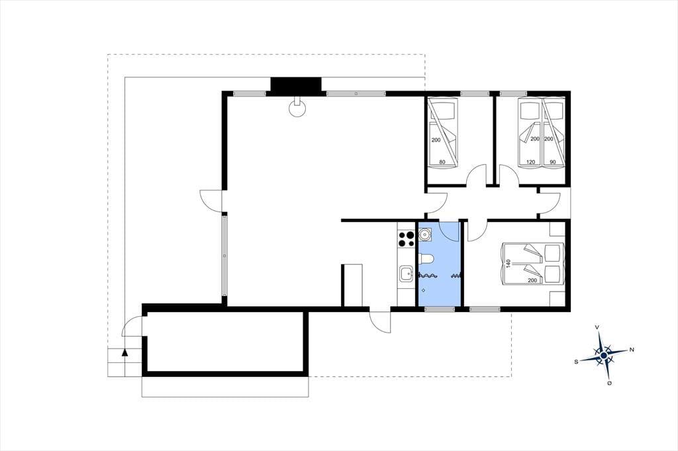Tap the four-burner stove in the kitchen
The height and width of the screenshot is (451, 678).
coord(406,239)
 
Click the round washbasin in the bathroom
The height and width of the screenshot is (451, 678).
coord(426,235)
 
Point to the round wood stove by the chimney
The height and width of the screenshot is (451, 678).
coord(297,108)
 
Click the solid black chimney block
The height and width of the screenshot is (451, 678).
coord(296,85)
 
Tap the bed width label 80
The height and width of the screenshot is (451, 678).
coord(442,163)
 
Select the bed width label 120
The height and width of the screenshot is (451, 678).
coord(530,163)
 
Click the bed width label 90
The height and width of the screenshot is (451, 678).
coord(553,163)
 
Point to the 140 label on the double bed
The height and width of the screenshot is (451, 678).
coord(508,263)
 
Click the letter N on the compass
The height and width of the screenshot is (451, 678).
coord(632,349)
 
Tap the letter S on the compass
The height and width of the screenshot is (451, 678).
coord(576,362)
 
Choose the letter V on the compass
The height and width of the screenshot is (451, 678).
coord(597,327)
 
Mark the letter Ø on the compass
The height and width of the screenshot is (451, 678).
coord(609,384)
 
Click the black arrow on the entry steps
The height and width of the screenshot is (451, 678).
coord(125,352)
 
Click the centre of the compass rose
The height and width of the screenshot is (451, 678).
coord(604,356)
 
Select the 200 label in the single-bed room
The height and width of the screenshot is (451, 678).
coord(436,140)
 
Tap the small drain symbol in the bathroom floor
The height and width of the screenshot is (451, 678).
coord(423,290)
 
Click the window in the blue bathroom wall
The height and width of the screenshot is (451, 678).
coord(440,309)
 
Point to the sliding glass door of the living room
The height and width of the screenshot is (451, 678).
coord(224,256)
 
